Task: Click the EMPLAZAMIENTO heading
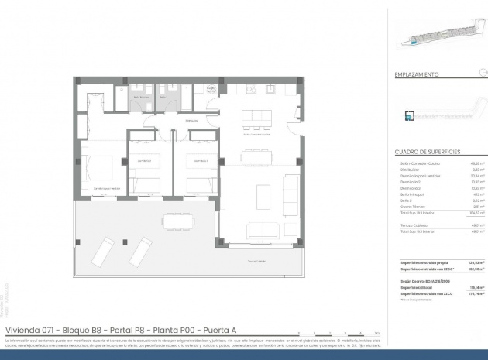point(418,75)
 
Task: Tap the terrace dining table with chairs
point(178,221)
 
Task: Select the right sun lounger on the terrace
point(140,250)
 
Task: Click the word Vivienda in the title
point(22,330)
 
